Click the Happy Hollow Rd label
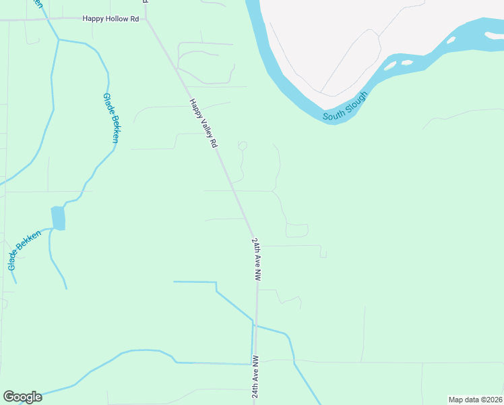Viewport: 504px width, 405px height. (x=111, y=19)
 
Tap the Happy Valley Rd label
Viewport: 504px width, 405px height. (x=203, y=124)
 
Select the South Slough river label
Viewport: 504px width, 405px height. (x=345, y=107)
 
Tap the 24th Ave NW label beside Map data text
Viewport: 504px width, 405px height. (x=256, y=377)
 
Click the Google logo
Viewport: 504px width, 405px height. (x=22, y=397)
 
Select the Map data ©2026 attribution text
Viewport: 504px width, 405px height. (x=474, y=399)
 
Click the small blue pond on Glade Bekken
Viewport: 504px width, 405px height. (x=59, y=218)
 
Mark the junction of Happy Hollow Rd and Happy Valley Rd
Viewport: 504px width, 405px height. (x=146, y=19)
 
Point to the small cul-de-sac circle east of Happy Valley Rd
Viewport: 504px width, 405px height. (x=243, y=145)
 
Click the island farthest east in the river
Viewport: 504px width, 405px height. (x=450, y=39)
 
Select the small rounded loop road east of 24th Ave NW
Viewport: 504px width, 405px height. (x=297, y=230)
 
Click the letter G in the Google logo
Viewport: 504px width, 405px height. (x=9, y=397)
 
